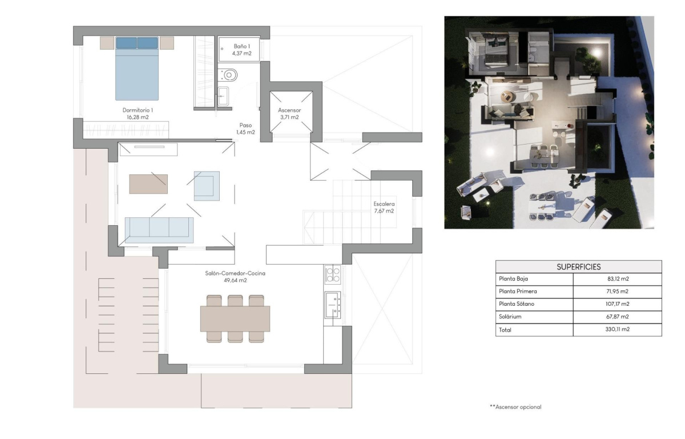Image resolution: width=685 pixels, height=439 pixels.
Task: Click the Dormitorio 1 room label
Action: [x=138, y=113]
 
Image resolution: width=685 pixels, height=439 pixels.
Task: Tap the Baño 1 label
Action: [x=241, y=50]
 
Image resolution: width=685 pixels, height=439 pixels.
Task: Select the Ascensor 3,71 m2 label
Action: [x=289, y=113]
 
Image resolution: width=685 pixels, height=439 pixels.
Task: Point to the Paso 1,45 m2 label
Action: [x=245, y=129]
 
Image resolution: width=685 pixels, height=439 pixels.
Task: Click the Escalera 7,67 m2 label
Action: [x=384, y=207]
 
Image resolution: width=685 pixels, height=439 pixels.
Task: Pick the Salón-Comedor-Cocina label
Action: [x=235, y=277]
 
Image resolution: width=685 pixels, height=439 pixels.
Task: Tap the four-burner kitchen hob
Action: [x=332, y=274]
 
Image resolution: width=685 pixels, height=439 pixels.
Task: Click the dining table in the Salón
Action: [x=235, y=318]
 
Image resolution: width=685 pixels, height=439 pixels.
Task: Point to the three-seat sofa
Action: [x=159, y=228]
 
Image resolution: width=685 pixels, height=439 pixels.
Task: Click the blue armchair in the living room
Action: [x=206, y=186]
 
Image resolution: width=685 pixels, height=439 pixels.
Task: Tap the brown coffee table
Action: [x=148, y=184]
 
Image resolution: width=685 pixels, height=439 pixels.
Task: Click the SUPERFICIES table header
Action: [x=578, y=266]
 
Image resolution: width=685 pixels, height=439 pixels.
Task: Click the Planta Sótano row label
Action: [x=517, y=304]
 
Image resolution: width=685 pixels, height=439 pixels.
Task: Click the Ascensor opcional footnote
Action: [x=515, y=407]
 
